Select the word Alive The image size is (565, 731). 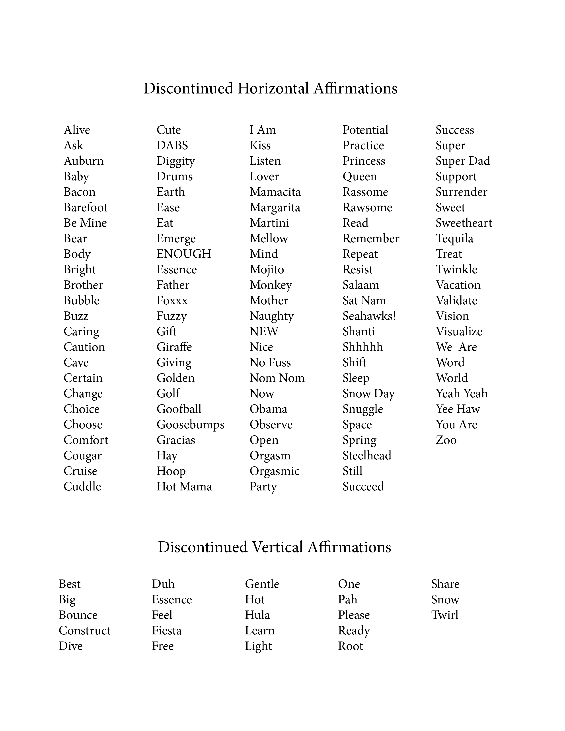click(x=77, y=130)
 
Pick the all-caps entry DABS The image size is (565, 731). click(x=172, y=145)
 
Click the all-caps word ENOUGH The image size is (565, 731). click(x=184, y=254)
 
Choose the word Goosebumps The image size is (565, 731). click(x=190, y=425)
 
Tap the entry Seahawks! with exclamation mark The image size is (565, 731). click(x=369, y=316)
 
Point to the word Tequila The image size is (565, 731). click(x=454, y=239)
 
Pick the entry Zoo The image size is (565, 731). click(x=446, y=440)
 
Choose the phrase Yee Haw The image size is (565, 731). click(x=458, y=409)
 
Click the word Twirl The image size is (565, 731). click(x=444, y=615)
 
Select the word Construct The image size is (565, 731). click(x=84, y=631)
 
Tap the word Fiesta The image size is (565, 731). click(x=166, y=631)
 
